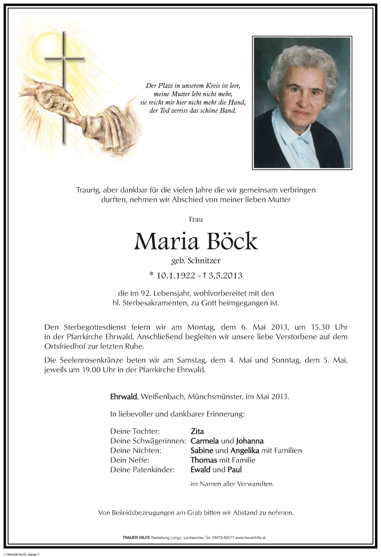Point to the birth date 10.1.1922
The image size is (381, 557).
click(173, 275)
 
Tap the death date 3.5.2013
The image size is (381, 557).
click(226, 275)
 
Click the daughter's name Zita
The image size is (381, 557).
click(197, 431)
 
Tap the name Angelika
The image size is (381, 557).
click(243, 450)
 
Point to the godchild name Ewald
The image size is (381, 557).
click(201, 470)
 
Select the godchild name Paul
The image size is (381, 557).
click(235, 470)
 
